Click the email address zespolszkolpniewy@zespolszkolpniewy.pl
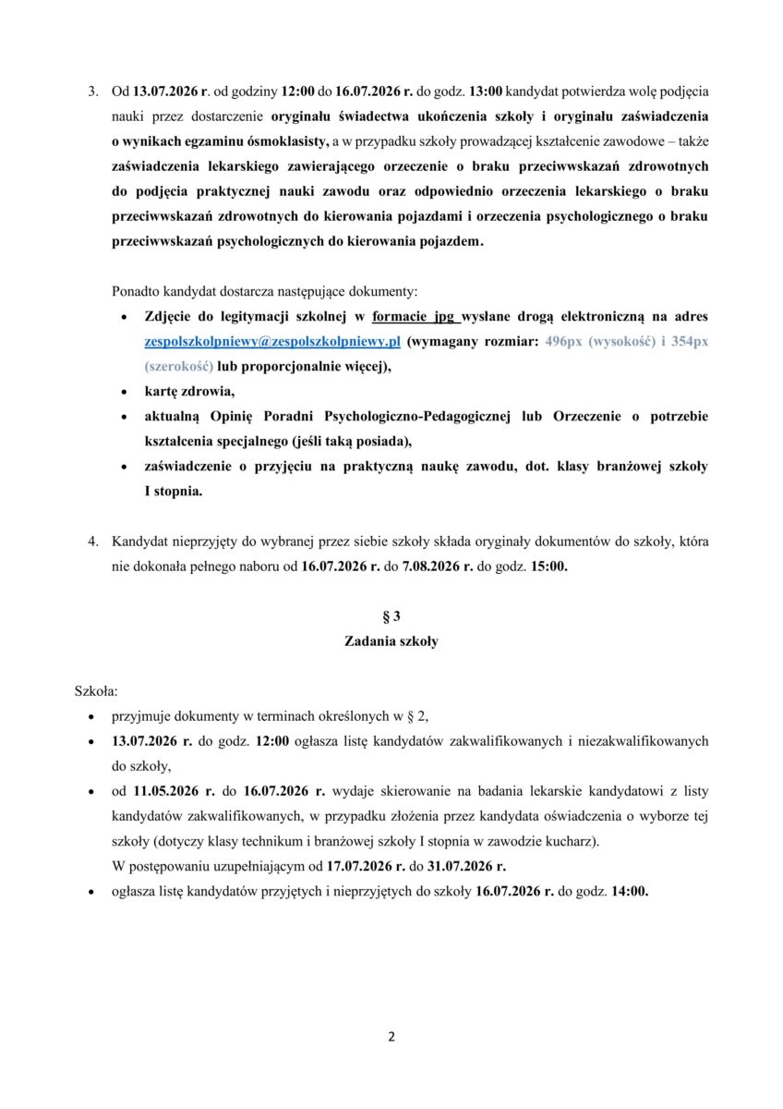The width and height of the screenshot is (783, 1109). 272,341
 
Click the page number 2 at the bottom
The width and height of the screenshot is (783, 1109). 391,1036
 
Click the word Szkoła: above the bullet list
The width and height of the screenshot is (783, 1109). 96,690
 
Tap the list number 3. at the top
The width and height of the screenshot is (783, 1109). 92,92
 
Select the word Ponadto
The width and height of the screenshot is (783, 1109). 135,291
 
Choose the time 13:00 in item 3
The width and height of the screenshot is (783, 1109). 487,92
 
